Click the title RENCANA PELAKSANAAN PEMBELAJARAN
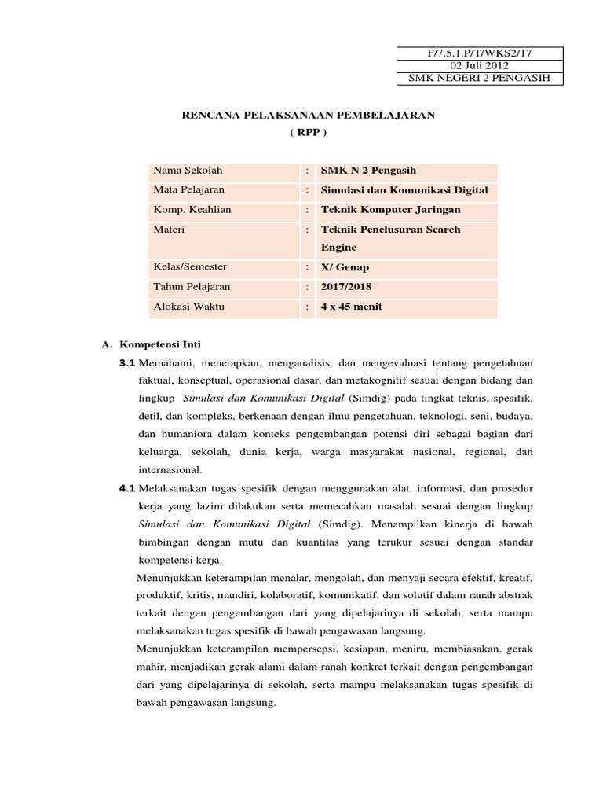[x=308, y=115]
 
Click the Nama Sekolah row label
[x=188, y=171]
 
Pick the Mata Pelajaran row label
[x=189, y=190]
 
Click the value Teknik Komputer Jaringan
[x=391, y=210]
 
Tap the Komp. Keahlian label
[x=192, y=210]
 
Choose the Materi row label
[x=169, y=230]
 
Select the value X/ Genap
[x=345, y=267]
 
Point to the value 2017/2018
[x=346, y=287]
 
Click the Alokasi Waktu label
[x=188, y=307]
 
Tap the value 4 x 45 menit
[x=352, y=307]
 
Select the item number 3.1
[x=127, y=362]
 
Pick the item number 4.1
[x=127, y=488]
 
